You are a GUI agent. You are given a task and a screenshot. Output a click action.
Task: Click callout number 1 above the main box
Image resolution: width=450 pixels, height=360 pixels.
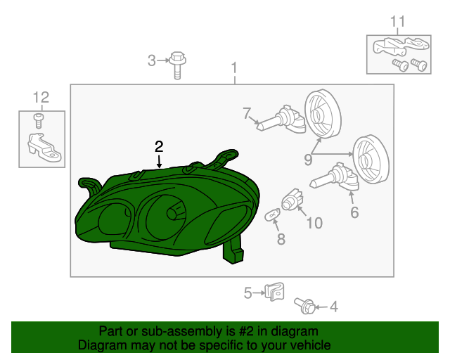[235, 68]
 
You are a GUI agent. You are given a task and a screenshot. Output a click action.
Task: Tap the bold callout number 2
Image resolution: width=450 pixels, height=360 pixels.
[159, 146]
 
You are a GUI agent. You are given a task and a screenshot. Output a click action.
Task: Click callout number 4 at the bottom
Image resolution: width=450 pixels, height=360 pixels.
[334, 306]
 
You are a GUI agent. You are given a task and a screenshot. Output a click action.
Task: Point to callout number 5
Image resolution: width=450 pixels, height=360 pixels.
[247, 292]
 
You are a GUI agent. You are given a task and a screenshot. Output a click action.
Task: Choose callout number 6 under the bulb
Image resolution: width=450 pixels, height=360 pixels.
[354, 212]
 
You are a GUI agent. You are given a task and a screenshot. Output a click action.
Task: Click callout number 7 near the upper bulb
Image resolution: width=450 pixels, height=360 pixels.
[247, 112]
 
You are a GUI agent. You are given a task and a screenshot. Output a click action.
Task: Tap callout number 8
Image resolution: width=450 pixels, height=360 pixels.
[281, 239]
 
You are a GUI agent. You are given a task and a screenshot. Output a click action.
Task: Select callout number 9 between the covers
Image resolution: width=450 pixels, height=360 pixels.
[308, 160]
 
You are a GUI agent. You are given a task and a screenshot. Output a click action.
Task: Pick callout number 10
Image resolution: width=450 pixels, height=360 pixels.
[314, 223]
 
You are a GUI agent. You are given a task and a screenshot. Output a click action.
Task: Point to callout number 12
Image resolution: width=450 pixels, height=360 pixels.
[41, 96]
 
